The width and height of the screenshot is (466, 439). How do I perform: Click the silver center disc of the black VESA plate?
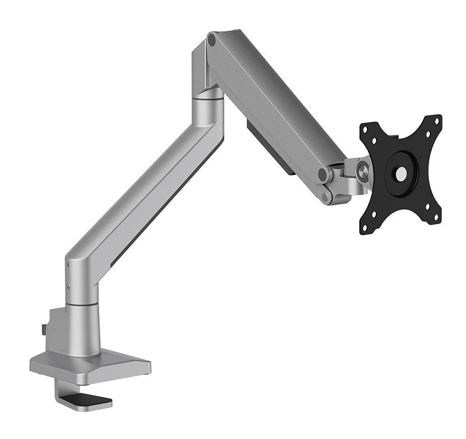click(x=402, y=175)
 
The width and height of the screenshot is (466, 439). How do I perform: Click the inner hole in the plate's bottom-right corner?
click(x=427, y=206)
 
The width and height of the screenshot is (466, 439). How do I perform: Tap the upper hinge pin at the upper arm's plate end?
click(x=323, y=174)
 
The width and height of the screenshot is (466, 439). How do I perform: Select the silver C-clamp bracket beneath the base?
click(x=63, y=392)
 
